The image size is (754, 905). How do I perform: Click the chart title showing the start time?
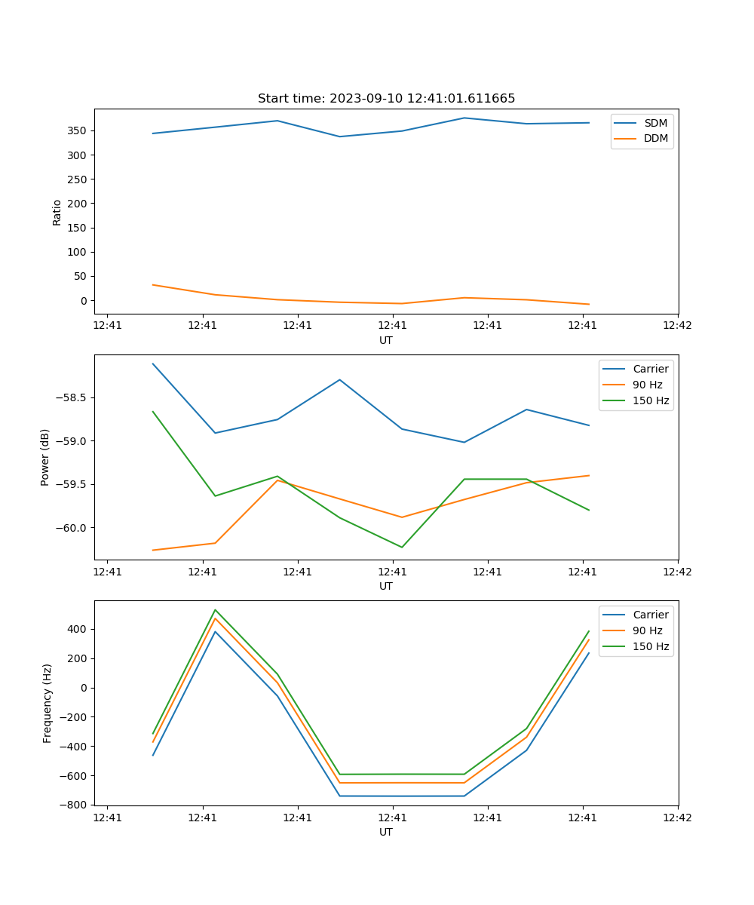(x=386, y=99)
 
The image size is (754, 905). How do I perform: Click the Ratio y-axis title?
(x=57, y=212)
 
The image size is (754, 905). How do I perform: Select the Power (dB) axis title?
(x=46, y=457)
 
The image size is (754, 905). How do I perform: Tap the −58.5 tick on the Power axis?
(x=73, y=397)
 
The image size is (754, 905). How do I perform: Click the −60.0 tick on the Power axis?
(x=73, y=528)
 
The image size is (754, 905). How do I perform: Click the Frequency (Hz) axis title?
(x=48, y=703)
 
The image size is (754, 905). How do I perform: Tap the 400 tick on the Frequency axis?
(x=78, y=629)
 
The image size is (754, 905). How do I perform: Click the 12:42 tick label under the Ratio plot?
(x=677, y=326)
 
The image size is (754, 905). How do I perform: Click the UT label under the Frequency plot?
(x=386, y=832)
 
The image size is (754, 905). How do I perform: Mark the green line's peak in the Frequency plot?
(x=216, y=610)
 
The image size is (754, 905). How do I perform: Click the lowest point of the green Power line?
(x=402, y=548)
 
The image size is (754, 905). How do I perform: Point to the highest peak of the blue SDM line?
(x=464, y=118)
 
